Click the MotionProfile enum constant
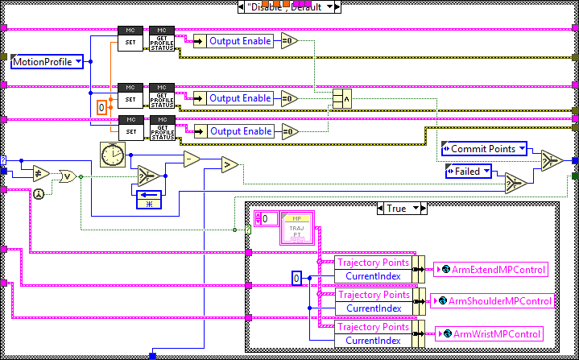pyautogui.click(x=47, y=60)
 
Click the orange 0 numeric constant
pyautogui.click(x=101, y=107)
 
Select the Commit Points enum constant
pyautogui.click(x=484, y=149)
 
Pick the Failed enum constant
pyautogui.click(x=469, y=171)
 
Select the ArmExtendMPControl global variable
pyautogui.click(x=490, y=269)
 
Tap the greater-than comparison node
pyautogui.click(x=230, y=165)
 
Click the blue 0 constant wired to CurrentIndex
pyautogui.click(x=296, y=278)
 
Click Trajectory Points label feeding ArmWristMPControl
pyautogui.click(x=371, y=327)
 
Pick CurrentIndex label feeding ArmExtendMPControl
pyautogui.click(x=373, y=276)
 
